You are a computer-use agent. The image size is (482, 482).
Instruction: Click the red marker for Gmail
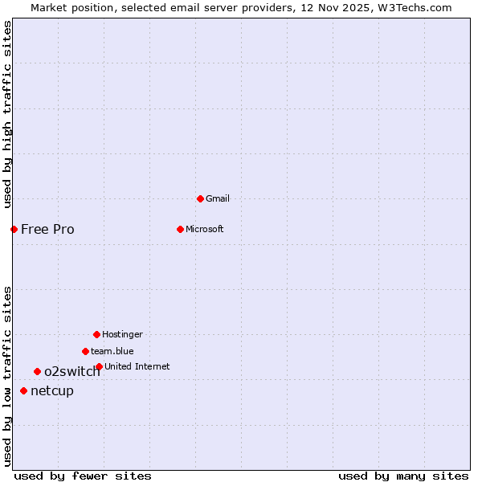point(200,198)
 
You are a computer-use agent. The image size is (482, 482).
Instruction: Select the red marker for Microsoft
point(180,229)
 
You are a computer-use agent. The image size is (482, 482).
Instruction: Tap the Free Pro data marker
point(14,229)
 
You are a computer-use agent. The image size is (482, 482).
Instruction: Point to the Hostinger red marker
point(96,334)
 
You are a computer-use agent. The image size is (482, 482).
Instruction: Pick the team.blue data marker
point(85,351)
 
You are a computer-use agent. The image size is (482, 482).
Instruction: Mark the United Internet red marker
point(99,366)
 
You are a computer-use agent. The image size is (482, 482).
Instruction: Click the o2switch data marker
point(37,371)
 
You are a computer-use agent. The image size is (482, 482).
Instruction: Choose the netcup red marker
point(23,390)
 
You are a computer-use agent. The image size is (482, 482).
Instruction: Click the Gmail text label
point(218,198)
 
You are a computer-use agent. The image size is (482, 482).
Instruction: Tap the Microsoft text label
point(205,229)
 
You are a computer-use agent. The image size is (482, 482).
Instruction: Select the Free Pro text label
point(47,229)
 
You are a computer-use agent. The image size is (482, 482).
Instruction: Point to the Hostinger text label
point(122,334)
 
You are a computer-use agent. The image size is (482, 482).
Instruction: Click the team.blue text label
point(112,351)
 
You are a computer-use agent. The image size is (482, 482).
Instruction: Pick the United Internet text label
point(137,366)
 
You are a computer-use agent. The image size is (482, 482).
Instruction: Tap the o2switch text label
point(72,371)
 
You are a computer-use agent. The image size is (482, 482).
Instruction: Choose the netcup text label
point(52,390)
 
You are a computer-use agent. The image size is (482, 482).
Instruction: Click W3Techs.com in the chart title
point(415,7)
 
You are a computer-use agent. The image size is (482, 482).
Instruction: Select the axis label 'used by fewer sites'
point(83,476)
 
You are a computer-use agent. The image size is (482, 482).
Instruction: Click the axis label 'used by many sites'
point(403,476)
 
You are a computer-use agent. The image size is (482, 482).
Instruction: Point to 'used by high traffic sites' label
point(7,115)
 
